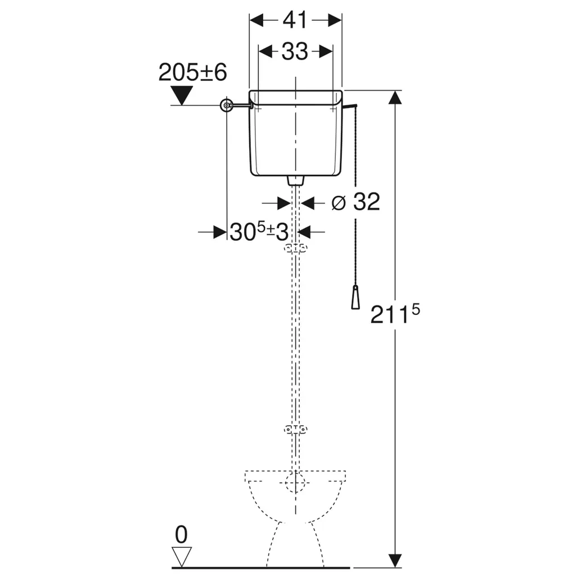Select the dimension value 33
click(295, 51)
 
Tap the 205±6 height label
click(192, 72)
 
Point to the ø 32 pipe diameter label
click(355, 202)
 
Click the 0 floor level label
click(181, 535)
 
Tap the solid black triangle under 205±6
click(182, 95)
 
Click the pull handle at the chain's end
click(355, 297)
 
